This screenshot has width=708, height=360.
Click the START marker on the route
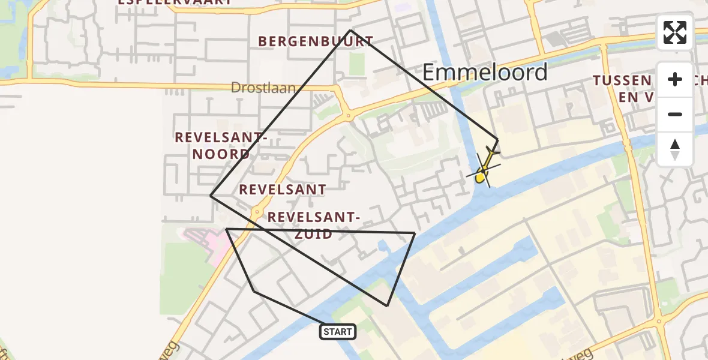point(338,331)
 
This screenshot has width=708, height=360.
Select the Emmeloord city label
point(485,72)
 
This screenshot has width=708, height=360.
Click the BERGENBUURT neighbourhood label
point(316,41)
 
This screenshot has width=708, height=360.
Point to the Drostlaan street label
point(263,88)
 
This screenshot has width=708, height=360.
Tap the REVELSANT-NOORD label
point(220,146)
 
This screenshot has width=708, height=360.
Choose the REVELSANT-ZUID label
point(314,225)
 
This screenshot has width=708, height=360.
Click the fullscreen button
point(675,32)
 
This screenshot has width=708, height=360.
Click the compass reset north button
point(675,149)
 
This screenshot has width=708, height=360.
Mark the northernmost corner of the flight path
point(350,30)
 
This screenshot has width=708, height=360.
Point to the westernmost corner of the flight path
point(211,195)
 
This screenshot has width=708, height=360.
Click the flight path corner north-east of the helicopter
point(497,140)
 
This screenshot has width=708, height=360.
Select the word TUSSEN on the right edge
point(622,80)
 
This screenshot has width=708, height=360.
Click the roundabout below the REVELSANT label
point(257,212)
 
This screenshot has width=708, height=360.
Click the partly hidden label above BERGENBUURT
point(174,2)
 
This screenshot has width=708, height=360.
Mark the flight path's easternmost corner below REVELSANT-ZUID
point(415,233)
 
